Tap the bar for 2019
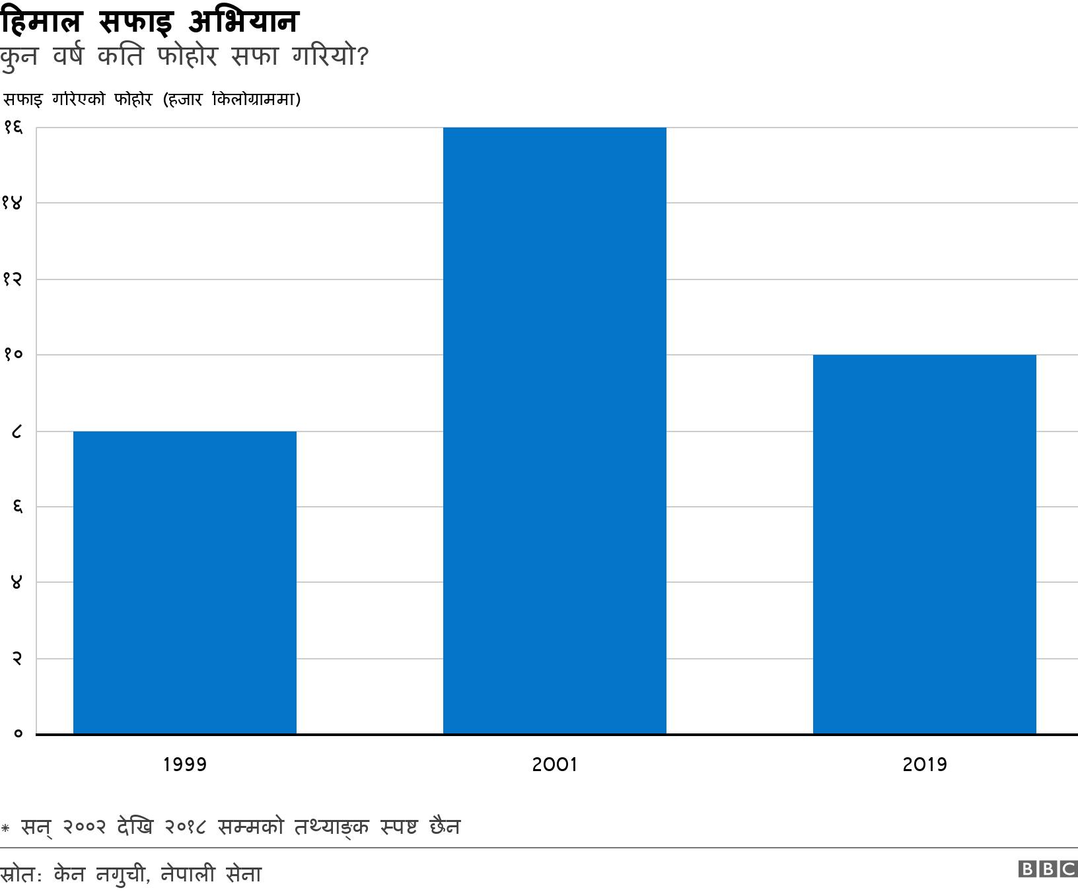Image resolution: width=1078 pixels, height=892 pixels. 924,544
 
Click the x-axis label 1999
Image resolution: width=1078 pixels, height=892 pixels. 184,764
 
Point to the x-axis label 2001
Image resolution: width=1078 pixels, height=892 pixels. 554,764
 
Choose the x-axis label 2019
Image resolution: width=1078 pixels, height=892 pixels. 924,764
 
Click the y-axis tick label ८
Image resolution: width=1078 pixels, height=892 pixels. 17,431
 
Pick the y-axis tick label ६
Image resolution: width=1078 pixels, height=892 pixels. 17,507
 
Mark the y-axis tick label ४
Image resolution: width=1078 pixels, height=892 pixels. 17,583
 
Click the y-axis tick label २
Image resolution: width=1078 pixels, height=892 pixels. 17,659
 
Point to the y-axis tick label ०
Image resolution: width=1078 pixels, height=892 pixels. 17,734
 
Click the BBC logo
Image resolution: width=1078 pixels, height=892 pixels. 1047,870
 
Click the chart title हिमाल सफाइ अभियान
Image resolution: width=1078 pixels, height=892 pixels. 150,22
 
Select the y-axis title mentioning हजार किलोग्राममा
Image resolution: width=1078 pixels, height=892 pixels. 153,100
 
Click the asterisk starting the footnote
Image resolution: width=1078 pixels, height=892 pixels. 5,827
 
